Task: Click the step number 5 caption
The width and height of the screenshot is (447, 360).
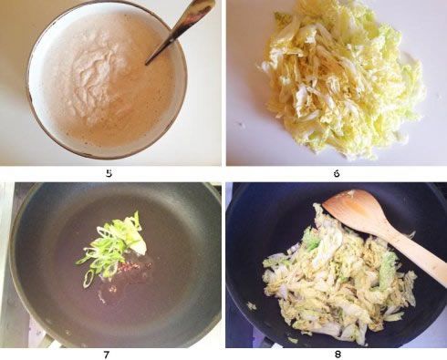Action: pos(109,172)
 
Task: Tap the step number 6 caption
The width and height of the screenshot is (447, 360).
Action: pos(336,172)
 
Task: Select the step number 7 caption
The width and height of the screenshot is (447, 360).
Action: pos(109,353)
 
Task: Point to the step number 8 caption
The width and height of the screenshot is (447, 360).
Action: pos(336,353)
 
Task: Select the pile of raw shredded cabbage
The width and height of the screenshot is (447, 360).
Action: pos(342,77)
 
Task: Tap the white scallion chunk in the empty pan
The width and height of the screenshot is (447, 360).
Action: pos(137,244)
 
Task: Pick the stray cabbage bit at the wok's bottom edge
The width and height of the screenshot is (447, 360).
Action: pos(293,340)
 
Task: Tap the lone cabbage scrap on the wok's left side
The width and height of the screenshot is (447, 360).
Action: pos(251,305)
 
